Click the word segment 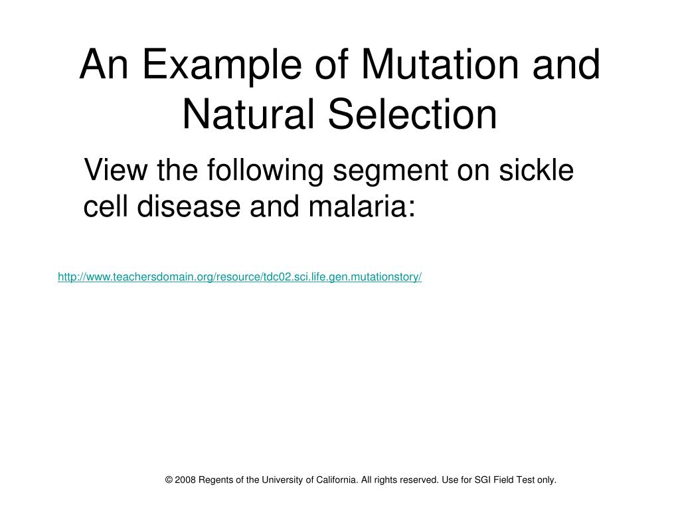point(389,171)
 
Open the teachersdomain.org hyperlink point(240,277)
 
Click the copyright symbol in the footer point(169,479)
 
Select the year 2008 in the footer point(186,479)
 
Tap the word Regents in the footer point(216,479)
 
